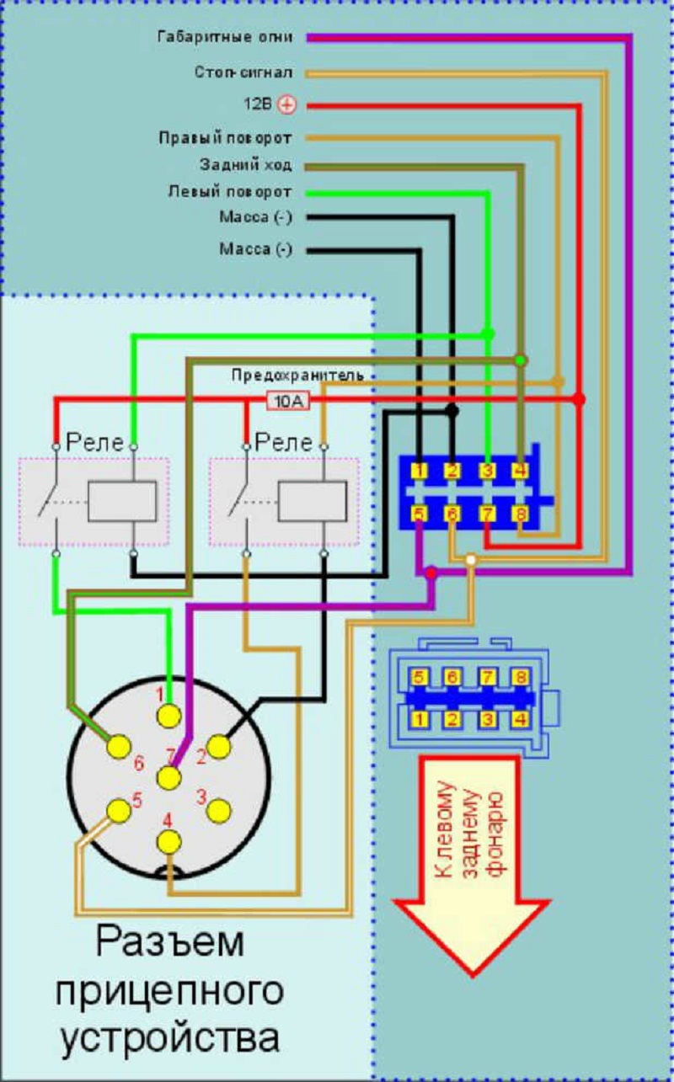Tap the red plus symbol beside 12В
(287, 105)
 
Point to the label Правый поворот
(225, 136)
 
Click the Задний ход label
(245, 164)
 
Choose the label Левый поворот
(229, 192)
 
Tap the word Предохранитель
(297, 376)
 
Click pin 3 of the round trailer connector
(219, 810)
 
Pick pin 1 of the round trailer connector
(169, 716)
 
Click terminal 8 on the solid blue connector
(522, 512)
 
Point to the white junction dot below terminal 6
(471, 560)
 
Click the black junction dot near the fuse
(452, 411)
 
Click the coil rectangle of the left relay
(122, 501)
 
